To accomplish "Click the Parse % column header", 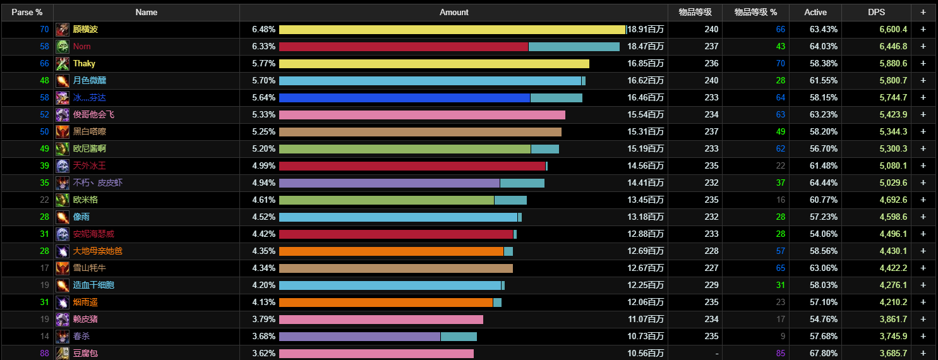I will (x=27, y=12).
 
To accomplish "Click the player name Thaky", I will (x=84, y=63).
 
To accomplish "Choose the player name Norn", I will (x=81, y=46).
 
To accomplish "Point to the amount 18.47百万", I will (x=646, y=46).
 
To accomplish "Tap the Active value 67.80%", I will (x=824, y=353).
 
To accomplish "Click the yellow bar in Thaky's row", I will (x=434, y=63).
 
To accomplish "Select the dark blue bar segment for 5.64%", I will (x=404, y=97).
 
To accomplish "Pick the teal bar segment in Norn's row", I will (x=574, y=46).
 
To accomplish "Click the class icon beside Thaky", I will (x=63, y=63).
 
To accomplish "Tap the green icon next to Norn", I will (x=63, y=46).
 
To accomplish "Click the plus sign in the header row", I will (x=923, y=12).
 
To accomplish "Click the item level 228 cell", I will (x=711, y=251).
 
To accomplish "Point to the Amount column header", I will (x=454, y=12).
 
